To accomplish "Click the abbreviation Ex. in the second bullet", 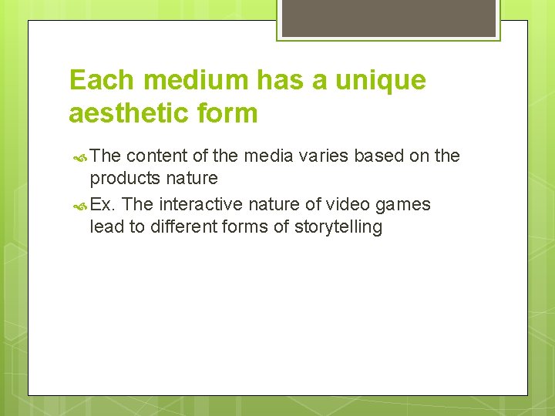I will pos(103,204).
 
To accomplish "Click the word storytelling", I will pos(338,227).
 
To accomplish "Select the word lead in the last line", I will pos(105,227).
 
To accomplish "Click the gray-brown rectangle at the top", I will pos(388,18).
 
